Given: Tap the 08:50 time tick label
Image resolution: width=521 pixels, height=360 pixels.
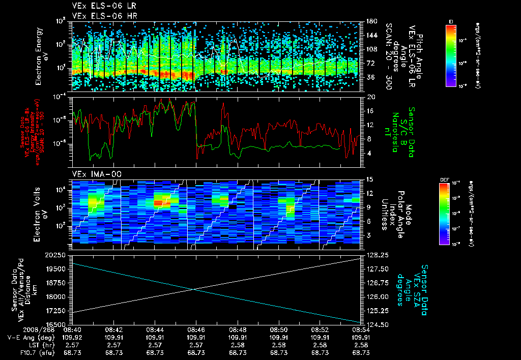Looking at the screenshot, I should click(x=278, y=329).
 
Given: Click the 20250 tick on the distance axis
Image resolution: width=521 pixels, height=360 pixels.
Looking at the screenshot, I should click(x=59, y=254).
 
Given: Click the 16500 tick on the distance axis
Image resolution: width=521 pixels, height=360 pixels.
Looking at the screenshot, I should click(x=59, y=324).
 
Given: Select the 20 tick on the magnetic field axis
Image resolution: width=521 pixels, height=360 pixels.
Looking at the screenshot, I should click(x=370, y=97).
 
